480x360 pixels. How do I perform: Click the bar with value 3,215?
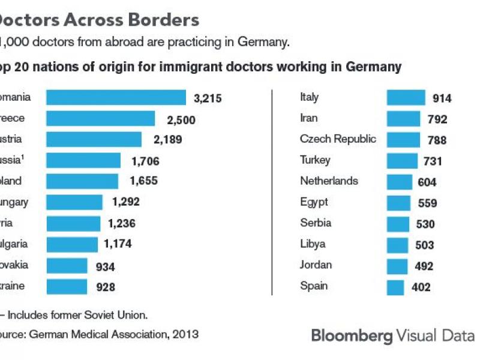(116, 97)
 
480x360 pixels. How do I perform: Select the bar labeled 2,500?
(100, 118)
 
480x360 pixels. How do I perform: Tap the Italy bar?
(406, 98)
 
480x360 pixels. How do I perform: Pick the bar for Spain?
(395, 287)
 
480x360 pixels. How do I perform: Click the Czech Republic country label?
(338, 139)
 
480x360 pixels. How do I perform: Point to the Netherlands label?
(329, 181)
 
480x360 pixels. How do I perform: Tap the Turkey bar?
(402, 161)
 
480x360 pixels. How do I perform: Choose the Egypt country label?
(314, 202)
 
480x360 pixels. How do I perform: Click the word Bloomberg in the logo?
(351, 335)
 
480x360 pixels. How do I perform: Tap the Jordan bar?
(397, 266)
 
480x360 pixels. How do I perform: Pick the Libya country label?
(313, 244)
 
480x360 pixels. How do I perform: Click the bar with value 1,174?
(71, 244)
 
